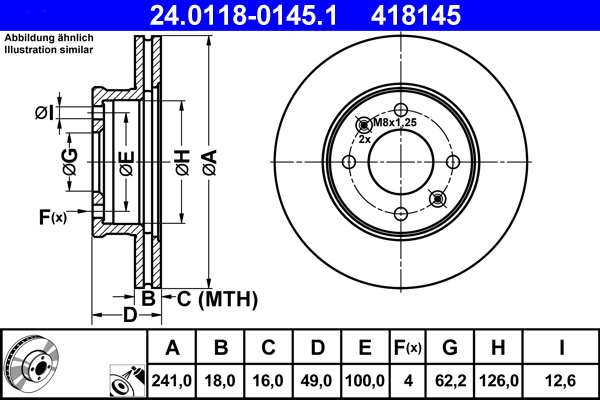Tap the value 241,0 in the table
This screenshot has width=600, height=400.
(172, 379)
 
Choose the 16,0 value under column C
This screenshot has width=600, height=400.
(269, 379)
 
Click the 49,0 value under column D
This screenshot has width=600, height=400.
(317, 379)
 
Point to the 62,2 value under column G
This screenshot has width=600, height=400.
(450, 379)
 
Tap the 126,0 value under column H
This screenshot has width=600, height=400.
(502, 379)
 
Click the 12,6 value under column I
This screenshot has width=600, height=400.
(561, 379)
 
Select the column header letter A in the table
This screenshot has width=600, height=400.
(172, 348)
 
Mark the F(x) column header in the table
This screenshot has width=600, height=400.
(407, 348)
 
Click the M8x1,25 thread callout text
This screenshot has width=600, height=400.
(394, 123)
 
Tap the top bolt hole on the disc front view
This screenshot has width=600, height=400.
(400, 111)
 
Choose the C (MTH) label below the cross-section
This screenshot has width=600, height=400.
(217, 299)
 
